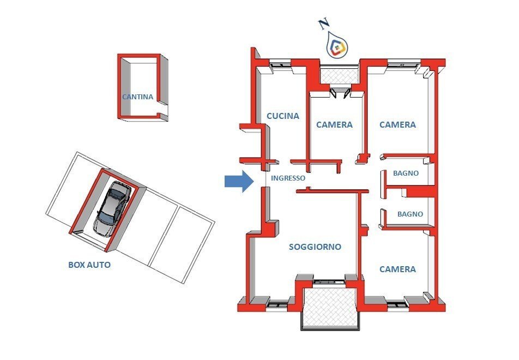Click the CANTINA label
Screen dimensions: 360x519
tap(137, 97)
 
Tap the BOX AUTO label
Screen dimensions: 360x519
tap(89, 265)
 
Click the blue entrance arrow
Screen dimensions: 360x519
tap(239, 182)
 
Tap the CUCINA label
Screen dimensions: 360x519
tap(282, 116)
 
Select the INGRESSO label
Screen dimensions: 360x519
tap(288, 178)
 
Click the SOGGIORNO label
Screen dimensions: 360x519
tap(315, 247)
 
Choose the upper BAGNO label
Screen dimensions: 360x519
tap(406, 173)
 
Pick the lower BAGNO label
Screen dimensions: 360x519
tap(410, 214)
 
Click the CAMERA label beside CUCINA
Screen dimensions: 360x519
tap(334, 124)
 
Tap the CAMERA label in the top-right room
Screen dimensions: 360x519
tap(397, 124)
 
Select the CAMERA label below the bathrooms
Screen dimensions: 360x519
tap(397, 269)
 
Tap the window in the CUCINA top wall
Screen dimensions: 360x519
tap(282, 67)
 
